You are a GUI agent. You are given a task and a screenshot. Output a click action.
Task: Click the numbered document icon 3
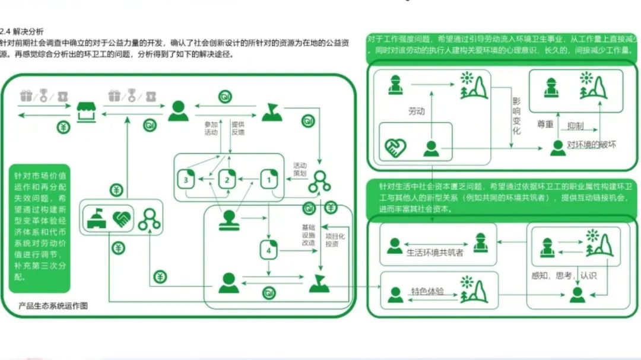click(187, 179)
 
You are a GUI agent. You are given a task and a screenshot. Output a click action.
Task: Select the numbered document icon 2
click(227, 179)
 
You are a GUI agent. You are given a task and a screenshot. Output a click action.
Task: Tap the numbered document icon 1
click(269, 178)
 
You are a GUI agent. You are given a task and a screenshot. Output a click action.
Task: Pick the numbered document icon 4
click(269, 250)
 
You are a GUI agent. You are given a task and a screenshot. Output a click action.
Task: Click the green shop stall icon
click(87, 110)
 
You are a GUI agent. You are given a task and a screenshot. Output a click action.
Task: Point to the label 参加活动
click(211, 129)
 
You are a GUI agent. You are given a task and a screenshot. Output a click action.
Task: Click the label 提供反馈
click(238, 129)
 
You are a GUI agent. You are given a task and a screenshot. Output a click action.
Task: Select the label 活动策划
click(300, 169)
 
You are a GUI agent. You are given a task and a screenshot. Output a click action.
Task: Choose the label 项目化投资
click(332, 240)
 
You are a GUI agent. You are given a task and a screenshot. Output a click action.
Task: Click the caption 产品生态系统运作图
click(53, 306)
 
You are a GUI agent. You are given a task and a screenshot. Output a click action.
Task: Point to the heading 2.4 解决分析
click(22, 31)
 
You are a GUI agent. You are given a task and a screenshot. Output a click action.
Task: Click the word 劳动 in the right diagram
click(416, 111)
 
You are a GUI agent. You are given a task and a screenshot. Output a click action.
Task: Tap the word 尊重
click(545, 125)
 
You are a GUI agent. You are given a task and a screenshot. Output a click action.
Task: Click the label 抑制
click(575, 126)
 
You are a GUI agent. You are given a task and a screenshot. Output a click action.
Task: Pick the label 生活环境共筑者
click(435, 252)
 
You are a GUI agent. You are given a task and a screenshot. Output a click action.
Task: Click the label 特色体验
click(427, 292)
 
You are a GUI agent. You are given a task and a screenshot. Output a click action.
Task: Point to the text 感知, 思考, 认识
click(564, 275)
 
